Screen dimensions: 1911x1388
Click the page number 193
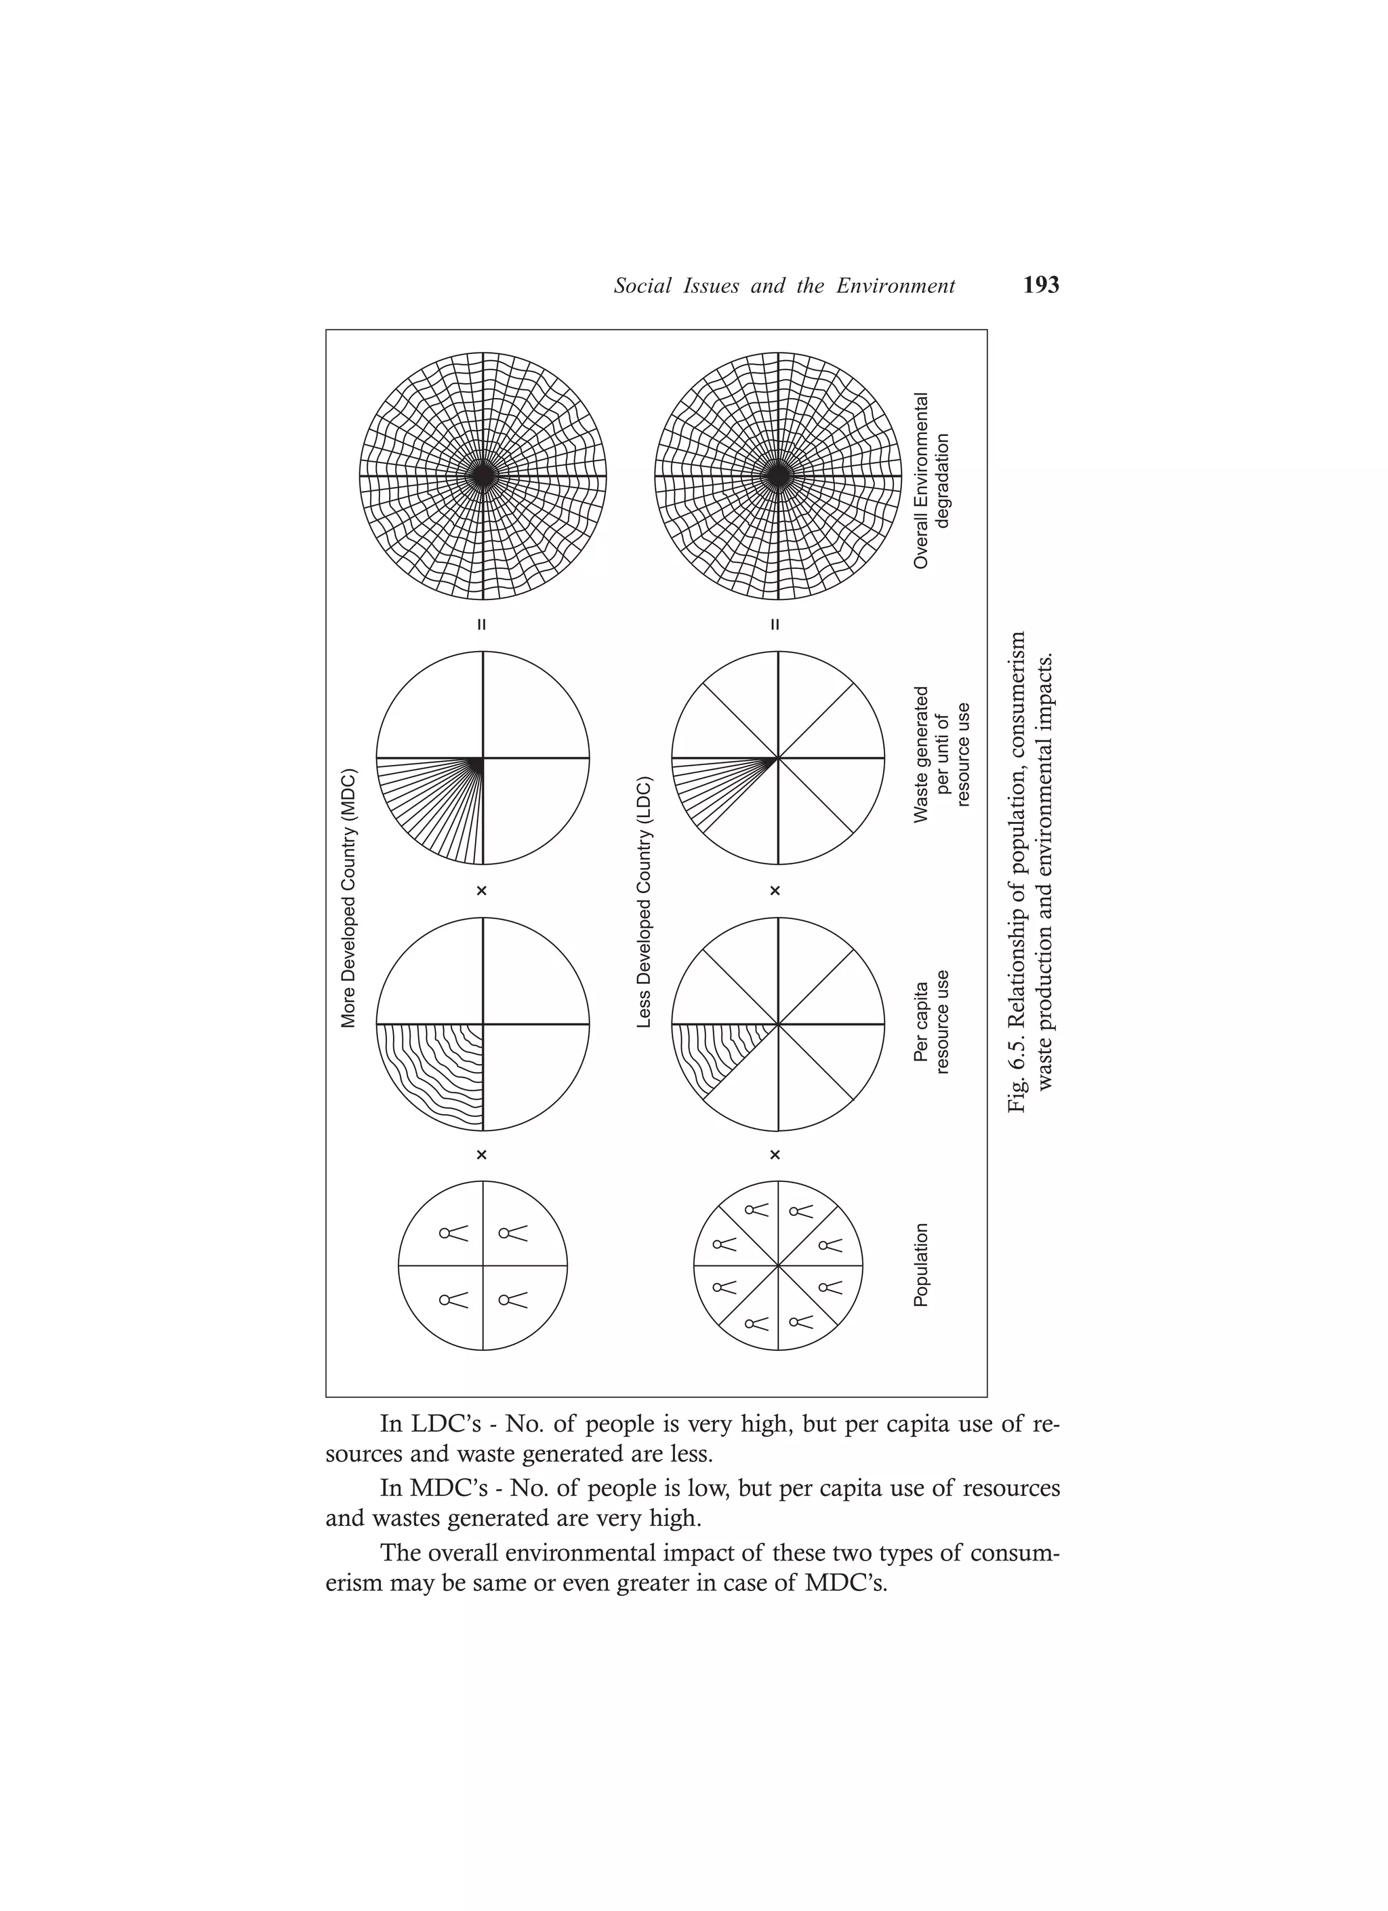click(1041, 285)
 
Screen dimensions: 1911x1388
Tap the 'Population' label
click(922, 1265)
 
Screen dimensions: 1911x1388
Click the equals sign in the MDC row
click(482, 625)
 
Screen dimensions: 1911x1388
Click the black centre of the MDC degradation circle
click(483, 476)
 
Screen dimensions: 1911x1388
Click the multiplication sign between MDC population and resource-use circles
click(482, 1154)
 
